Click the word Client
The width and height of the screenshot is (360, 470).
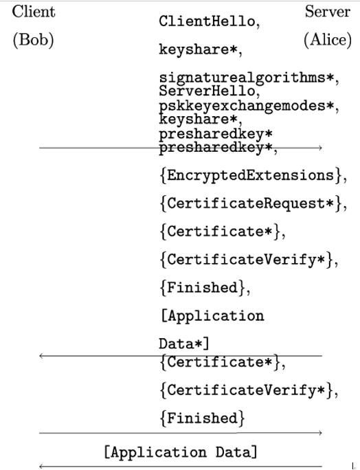pyautogui.click(x=34, y=12)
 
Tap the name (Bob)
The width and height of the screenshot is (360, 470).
pyautogui.click(x=33, y=40)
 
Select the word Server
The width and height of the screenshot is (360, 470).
pyautogui.click(x=327, y=12)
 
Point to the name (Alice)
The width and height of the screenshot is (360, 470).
pyautogui.click(x=328, y=40)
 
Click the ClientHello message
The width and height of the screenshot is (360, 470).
pyautogui.click(x=207, y=21)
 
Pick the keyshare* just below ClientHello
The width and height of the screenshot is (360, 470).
pyautogui.click(x=199, y=49)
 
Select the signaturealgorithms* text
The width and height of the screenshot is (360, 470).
pyautogui.click(x=247, y=78)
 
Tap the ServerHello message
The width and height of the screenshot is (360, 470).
pyautogui.click(x=207, y=91)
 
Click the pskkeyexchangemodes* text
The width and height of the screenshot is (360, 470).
pyautogui.click(x=247, y=106)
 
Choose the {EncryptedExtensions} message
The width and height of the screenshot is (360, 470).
pyautogui.click(x=251, y=175)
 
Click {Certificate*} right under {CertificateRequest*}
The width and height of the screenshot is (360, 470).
pyautogui.click(x=220, y=232)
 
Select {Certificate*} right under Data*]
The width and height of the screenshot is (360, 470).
pyautogui.click(x=220, y=362)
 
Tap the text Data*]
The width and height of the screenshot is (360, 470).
pyautogui.click(x=183, y=344)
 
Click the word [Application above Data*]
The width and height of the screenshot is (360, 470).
pyautogui.click(x=212, y=316)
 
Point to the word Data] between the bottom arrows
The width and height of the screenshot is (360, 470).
pyautogui.click(x=236, y=452)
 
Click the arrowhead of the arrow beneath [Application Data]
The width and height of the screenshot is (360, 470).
pyautogui.click(x=41, y=466)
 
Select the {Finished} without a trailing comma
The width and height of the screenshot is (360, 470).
pyautogui.click(x=203, y=418)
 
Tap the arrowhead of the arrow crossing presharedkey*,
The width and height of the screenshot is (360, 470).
pyautogui.click(x=320, y=148)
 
